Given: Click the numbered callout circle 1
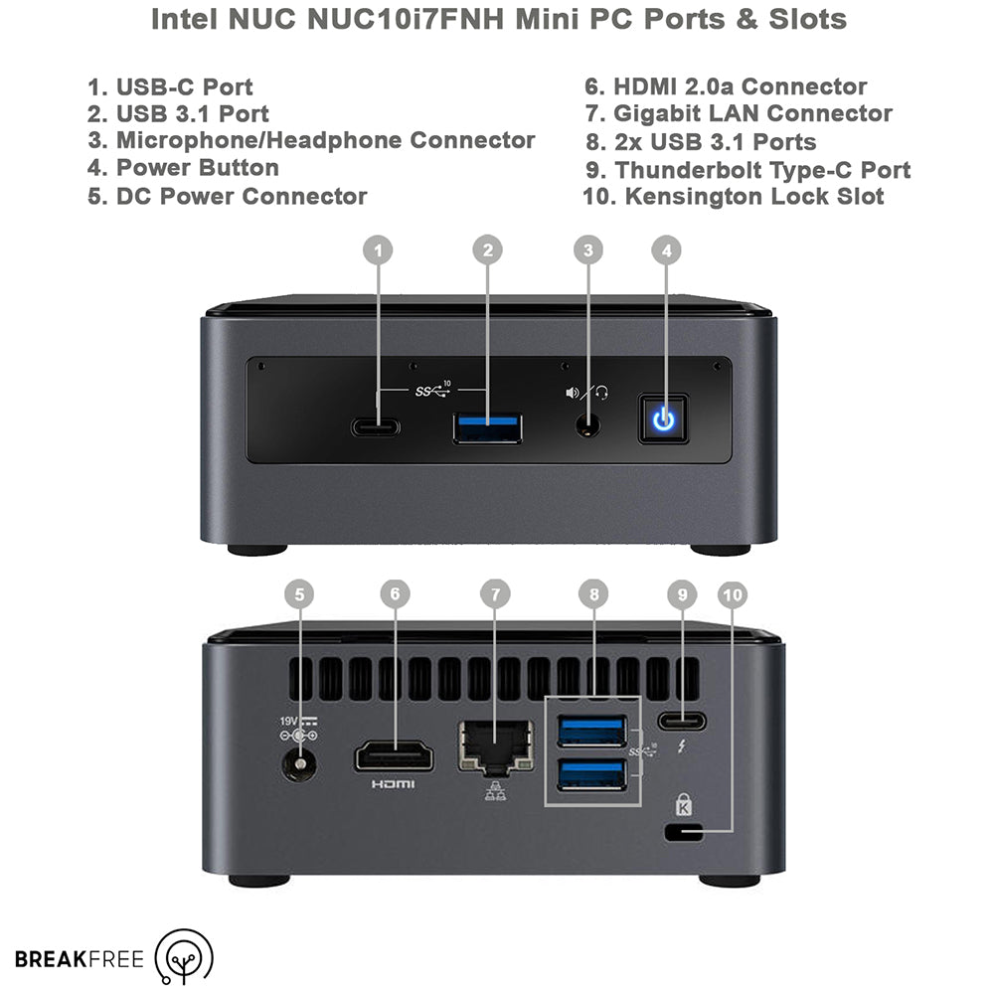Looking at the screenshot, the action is click(378, 250).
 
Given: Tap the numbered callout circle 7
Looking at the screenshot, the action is click(495, 594).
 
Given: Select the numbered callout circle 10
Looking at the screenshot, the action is click(733, 594).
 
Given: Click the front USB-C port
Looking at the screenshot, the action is click(376, 427).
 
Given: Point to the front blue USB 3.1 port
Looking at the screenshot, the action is click(487, 427).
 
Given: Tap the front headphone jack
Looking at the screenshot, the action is click(588, 425).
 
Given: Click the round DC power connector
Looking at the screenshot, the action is click(298, 763).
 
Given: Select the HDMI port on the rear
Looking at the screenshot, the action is click(395, 756).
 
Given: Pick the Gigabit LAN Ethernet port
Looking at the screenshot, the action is click(496, 748).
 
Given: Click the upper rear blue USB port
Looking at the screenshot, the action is click(592, 731).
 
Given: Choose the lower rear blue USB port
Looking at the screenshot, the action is click(592, 774).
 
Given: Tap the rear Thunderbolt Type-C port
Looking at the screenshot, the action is click(682, 722).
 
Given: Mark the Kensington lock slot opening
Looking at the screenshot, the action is click(684, 832).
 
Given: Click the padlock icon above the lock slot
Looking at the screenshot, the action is click(684, 804).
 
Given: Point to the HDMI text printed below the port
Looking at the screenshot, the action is click(393, 785).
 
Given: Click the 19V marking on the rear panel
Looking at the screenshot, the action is click(288, 722).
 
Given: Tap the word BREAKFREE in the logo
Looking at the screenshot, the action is click(80, 959).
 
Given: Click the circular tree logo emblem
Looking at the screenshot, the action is click(185, 956).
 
